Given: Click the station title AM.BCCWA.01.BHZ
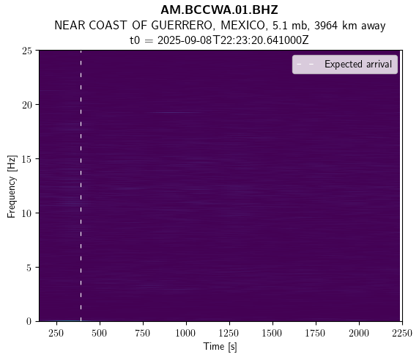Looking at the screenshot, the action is (219, 10).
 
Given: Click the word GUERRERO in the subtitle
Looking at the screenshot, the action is (182, 26).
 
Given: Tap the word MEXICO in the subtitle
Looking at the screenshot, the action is (242, 26).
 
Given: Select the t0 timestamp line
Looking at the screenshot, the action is (219, 40).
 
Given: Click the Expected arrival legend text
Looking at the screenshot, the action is (358, 65).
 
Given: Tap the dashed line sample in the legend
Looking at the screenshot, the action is (305, 65).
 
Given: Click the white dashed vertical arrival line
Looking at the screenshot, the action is (81, 185).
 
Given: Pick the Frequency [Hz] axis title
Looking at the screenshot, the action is (12, 186).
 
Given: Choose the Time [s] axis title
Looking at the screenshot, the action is (220, 347).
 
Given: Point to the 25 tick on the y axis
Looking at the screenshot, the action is (27, 51).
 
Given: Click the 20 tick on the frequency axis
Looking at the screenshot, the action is (27, 105).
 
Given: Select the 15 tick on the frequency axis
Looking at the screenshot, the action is (27, 159).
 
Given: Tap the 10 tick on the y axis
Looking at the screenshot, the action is (27, 213).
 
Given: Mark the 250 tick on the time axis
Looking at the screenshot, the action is (56, 334).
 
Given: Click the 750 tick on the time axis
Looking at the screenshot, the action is (143, 334).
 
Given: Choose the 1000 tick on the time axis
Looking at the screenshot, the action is (185, 334).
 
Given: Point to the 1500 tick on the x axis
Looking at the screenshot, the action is (272, 334).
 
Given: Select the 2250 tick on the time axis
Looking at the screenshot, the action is (402, 334).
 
